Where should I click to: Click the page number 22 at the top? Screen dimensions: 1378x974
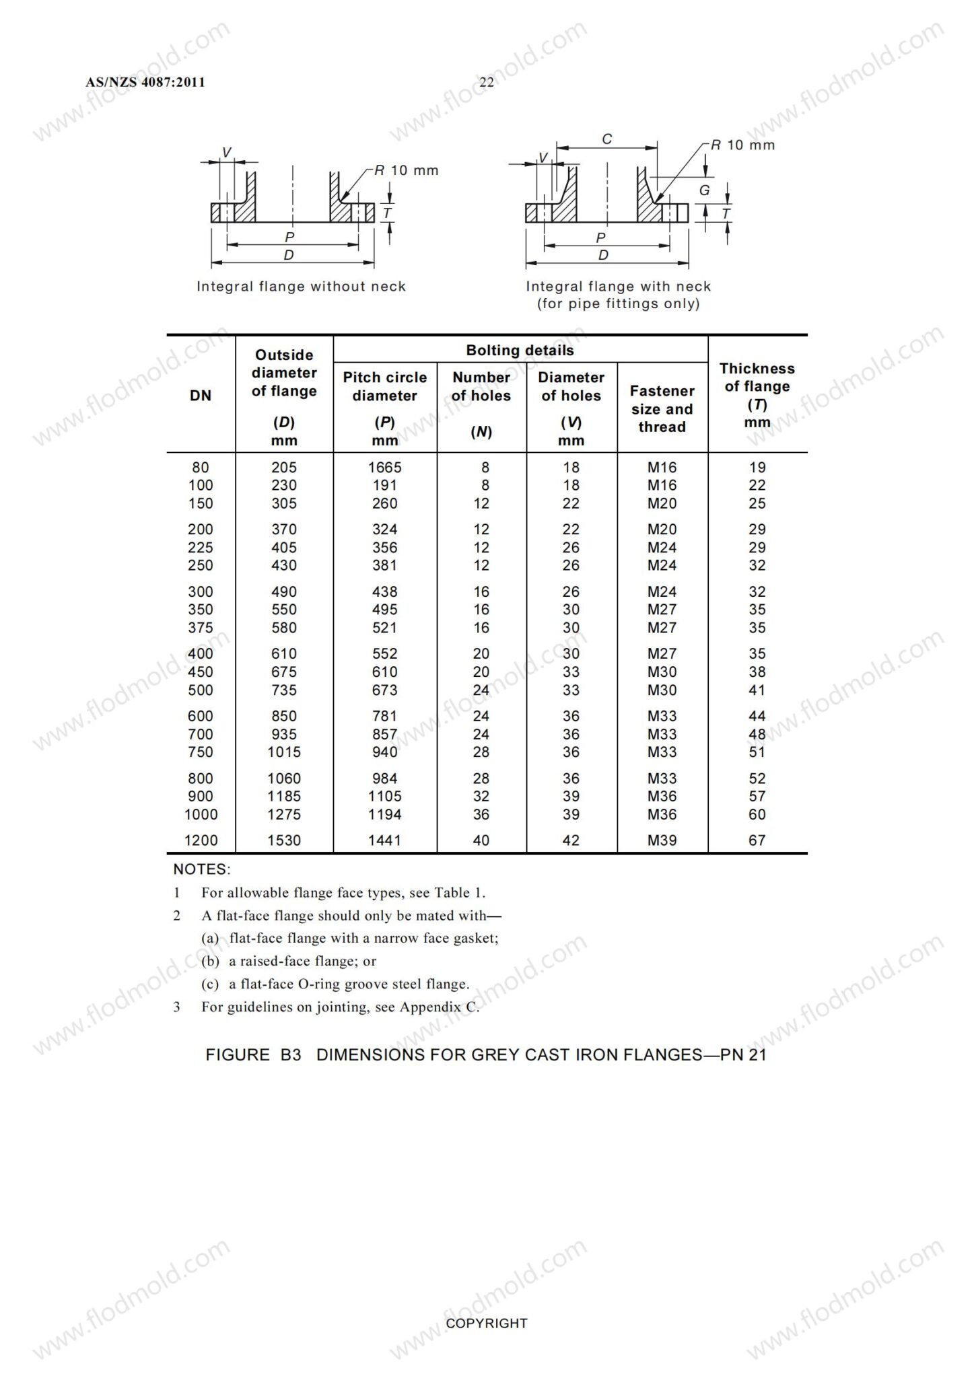tap(486, 82)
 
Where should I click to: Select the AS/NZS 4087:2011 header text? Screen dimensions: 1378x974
tap(145, 82)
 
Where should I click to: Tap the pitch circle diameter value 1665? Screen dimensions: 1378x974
tap(385, 467)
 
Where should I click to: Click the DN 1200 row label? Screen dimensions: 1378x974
tap(201, 840)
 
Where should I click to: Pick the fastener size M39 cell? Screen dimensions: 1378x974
tap(662, 840)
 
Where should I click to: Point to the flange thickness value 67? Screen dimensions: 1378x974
tap(757, 840)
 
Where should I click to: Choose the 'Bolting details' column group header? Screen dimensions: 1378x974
tap(520, 351)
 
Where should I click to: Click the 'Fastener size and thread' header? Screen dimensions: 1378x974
tap(662, 408)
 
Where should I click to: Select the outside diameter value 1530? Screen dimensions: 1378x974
tap(284, 840)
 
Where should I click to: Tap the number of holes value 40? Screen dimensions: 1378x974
tap(481, 840)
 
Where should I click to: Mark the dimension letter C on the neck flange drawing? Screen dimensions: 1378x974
tap(606, 139)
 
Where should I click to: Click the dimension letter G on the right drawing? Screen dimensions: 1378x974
tap(704, 190)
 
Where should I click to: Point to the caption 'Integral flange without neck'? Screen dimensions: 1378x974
tap(301, 287)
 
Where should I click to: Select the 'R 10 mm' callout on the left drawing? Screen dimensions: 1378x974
tap(407, 170)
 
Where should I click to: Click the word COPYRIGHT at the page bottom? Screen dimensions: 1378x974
tap(487, 1323)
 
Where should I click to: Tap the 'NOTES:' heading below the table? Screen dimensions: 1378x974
tap(201, 869)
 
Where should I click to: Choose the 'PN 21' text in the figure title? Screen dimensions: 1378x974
tap(743, 1054)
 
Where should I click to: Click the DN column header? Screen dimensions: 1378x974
tap(201, 396)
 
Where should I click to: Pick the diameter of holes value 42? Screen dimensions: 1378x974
tap(571, 840)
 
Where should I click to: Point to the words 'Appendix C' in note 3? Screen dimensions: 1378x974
tap(439, 1007)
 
